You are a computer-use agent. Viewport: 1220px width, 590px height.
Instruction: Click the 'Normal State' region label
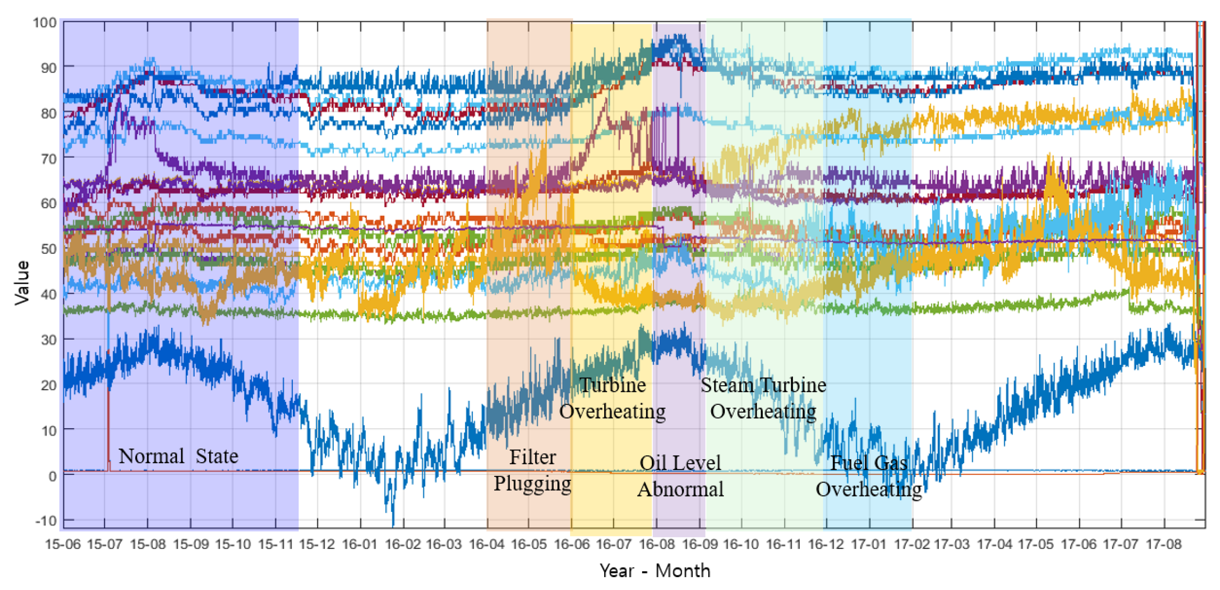(178, 456)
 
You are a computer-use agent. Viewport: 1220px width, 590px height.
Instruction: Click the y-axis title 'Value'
(22, 283)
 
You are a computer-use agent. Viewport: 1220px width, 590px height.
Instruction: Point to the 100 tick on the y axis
(45, 22)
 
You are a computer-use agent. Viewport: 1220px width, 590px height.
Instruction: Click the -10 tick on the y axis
(46, 521)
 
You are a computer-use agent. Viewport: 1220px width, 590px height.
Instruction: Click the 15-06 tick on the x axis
(63, 544)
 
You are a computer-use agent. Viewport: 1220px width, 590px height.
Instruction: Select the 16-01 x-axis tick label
(360, 544)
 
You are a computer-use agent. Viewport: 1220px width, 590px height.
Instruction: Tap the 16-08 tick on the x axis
(657, 544)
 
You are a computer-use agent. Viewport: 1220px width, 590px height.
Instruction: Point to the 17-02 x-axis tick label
(911, 544)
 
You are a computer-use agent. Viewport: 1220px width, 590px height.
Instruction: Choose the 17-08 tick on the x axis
(1163, 544)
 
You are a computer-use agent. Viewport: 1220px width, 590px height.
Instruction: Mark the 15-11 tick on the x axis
(275, 544)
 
